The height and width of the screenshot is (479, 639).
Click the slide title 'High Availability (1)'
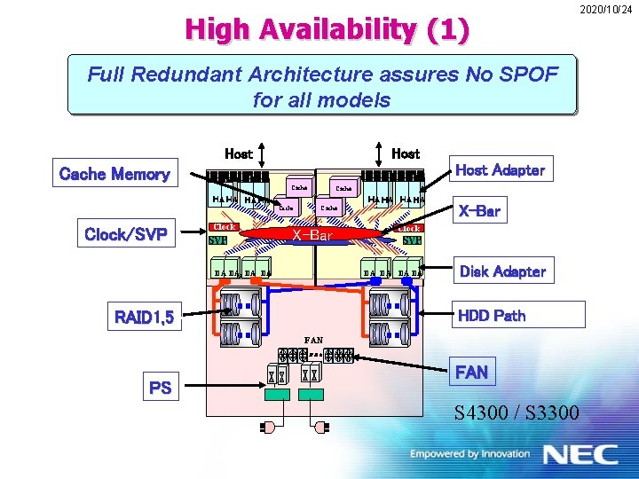point(326,30)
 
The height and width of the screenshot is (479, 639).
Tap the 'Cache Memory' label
point(114,174)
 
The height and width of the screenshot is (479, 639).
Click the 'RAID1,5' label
point(148,317)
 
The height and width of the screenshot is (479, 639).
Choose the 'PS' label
point(161,388)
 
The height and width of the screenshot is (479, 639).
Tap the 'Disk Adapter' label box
point(502,271)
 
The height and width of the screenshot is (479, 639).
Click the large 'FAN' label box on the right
point(471,372)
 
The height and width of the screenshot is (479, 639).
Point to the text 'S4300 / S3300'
point(517,412)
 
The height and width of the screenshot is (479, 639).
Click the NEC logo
point(581,454)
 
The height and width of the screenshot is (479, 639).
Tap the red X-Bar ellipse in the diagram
point(313,235)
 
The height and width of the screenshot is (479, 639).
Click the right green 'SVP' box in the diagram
point(411,239)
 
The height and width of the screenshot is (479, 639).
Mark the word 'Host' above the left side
point(238,153)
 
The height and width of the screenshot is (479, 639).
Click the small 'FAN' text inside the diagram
point(313,340)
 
